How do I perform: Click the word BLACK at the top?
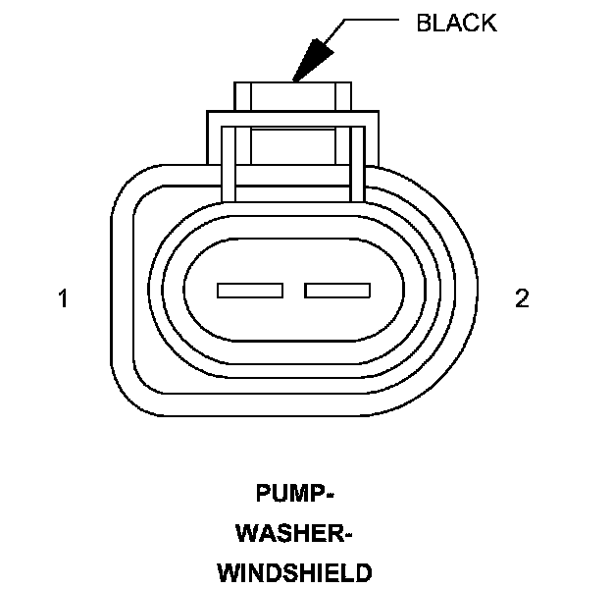(x=456, y=24)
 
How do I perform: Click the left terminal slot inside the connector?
(x=250, y=291)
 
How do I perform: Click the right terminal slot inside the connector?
(x=337, y=291)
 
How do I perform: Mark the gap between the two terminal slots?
(x=294, y=291)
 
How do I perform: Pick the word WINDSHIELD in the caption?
(x=294, y=572)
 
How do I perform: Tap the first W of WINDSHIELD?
(x=228, y=572)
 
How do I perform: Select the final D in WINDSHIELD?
(x=363, y=572)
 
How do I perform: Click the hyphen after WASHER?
(x=346, y=534)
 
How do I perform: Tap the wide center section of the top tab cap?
(x=293, y=96)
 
